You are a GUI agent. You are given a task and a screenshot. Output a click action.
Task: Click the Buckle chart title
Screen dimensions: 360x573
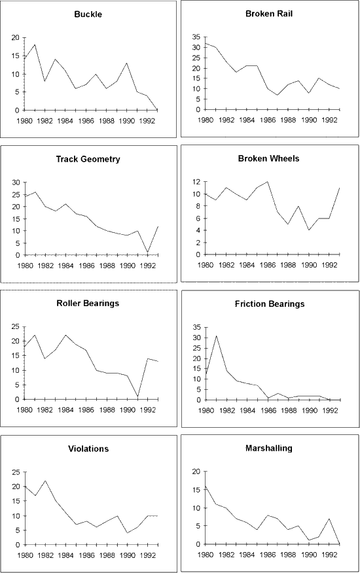click(x=88, y=14)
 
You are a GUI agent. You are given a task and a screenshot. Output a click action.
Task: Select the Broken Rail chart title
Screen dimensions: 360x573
click(x=269, y=14)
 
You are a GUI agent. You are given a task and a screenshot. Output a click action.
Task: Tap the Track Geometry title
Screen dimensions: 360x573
click(x=88, y=159)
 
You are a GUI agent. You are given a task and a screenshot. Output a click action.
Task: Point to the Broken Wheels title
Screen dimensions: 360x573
click(x=268, y=158)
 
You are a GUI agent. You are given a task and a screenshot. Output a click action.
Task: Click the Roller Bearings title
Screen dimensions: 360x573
click(x=88, y=304)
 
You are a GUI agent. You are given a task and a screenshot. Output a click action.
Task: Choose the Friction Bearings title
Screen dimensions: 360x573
click(x=270, y=304)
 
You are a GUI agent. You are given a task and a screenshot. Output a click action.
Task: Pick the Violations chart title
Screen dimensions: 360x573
click(x=88, y=449)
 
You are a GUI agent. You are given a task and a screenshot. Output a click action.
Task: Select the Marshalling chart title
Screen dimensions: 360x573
click(x=269, y=448)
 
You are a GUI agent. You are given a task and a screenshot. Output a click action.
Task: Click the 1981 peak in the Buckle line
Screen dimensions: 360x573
click(x=35, y=44)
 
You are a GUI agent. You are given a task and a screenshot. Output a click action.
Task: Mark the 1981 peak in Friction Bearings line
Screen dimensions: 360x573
click(x=216, y=336)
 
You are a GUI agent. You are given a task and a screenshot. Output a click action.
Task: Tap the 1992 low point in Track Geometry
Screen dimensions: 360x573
click(x=147, y=252)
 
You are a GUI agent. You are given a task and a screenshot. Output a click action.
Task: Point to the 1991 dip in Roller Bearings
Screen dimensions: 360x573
click(x=137, y=396)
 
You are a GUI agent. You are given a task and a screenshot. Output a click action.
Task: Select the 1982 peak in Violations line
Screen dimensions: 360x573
click(x=45, y=481)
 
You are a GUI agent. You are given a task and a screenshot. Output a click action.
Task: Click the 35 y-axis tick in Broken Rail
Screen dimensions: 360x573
click(x=196, y=37)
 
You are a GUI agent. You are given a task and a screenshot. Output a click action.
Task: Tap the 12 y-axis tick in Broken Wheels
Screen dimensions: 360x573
click(x=196, y=182)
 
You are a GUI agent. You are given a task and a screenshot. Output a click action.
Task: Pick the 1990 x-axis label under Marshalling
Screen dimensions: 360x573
click(x=309, y=555)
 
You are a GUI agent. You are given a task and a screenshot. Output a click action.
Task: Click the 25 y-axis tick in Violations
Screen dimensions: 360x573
click(x=16, y=472)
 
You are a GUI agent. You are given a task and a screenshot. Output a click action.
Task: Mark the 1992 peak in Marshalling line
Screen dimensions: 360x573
click(x=329, y=519)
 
